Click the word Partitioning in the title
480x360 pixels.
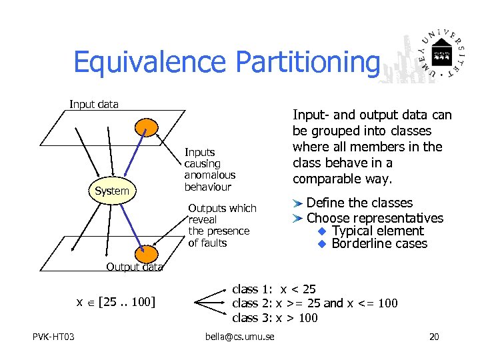308,62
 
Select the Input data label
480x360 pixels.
94,104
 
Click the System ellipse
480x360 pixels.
112,191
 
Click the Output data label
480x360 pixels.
134,267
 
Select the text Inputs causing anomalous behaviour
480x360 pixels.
209,169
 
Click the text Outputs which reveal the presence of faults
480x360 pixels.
221,225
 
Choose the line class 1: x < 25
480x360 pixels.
273,289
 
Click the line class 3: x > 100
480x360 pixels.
275,317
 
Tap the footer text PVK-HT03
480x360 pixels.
53,337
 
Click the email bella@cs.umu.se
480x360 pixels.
239,337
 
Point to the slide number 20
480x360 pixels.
434,337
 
